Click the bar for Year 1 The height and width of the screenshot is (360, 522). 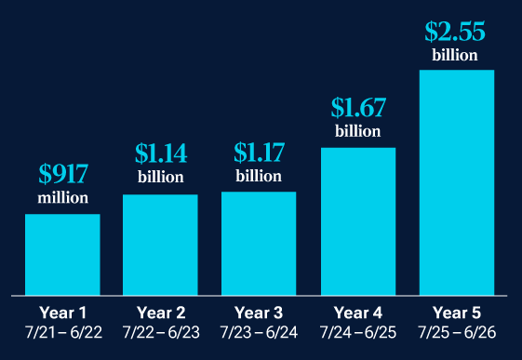(x=62, y=254)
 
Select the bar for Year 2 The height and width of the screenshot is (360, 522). (x=160, y=244)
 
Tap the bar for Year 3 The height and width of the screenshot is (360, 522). (x=259, y=243)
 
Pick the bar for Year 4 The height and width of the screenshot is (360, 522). (x=358, y=220)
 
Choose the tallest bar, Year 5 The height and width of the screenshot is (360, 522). (x=456, y=181)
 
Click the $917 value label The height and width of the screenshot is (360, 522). (x=63, y=175)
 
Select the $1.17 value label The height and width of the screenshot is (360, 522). (x=259, y=153)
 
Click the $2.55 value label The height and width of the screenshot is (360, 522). (x=455, y=31)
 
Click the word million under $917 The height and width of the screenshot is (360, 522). (x=63, y=198)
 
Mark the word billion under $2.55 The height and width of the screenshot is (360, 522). (x=455, y=55)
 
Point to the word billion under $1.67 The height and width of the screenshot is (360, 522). (x=358, y=131)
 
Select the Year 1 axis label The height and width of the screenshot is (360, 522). (x=62, y=312)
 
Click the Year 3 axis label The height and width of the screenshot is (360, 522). (x=259, y=312)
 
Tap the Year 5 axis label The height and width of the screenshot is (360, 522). (x=456, y=312)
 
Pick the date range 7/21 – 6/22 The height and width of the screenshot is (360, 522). (x=62, y=332)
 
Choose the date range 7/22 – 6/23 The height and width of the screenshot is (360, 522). (x=160, y=332)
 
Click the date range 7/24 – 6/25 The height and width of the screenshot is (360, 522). (x=358, y=332)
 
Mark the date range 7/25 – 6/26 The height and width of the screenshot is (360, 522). (x=456, y=332)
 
